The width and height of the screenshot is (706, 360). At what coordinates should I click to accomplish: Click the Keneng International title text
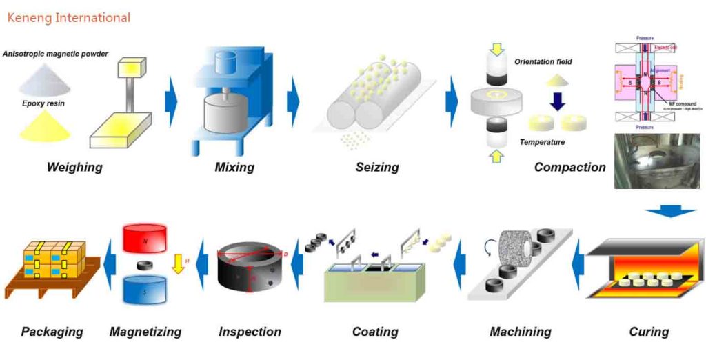(x=68, y=17)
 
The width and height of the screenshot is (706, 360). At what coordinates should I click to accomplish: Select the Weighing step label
(x=74, y=167)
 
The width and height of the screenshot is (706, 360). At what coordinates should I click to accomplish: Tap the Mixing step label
(x=234, y=167)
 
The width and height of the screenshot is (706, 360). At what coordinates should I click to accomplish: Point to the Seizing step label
(x=377, y=167)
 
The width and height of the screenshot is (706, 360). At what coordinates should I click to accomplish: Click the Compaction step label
(x=569, y=167)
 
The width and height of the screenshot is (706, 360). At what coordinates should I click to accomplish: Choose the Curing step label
(x=649, y=332)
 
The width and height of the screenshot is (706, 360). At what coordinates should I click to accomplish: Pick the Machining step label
(x=521, y=332)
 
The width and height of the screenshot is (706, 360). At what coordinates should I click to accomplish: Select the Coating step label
(x=375, y=332)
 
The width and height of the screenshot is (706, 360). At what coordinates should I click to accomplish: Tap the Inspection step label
(x=250, y=332)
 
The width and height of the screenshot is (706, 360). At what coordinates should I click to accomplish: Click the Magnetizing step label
(x=145, y=332)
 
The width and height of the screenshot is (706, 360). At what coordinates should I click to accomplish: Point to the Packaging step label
(x=52, y=332)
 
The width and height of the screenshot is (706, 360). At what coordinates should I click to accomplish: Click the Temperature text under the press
(x=542, y=142)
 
